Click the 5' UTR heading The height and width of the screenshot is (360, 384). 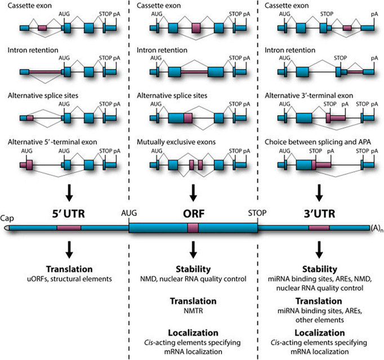[x=68, y=214]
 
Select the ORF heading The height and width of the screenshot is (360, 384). [x=194, y=214]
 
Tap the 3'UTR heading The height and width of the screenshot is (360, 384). [x=319, y=214]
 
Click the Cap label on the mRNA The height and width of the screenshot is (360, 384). [x=7, y=218]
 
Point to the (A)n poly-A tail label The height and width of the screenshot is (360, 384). [x=377, y=228]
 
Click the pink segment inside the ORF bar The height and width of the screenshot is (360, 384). [x=193, y=228]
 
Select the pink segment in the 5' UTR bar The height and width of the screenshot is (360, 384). [x=69, y=228]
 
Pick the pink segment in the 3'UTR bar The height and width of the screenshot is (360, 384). [x=319, y=228]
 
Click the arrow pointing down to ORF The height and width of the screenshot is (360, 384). [x=194, y=192]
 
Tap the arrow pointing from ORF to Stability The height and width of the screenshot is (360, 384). [x=194, y=250]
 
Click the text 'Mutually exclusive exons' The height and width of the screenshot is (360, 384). [x=176, y=142]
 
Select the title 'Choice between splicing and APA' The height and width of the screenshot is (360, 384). [x=318, y=142]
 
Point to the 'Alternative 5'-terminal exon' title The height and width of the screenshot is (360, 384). [x=52, y=142]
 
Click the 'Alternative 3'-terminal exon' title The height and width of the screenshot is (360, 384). [x=309, y=96]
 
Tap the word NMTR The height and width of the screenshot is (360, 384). [x=193, y=311]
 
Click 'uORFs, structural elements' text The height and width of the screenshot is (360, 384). [x=69, y=279]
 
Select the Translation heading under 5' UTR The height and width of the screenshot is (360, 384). [x=69, y=269]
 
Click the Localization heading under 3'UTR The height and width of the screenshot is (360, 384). [x=320, y=332]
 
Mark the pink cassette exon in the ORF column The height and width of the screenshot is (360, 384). [x=196, y=28]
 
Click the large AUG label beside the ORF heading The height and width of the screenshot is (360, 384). [x=129, y=213]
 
